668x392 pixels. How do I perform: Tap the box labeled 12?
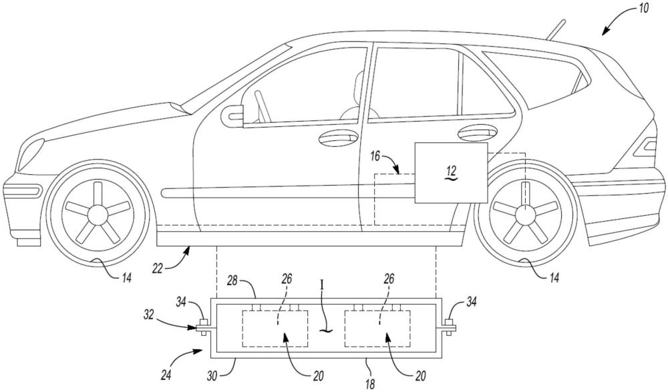[x=450, y=172]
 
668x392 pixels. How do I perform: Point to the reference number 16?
[x=375, y=157]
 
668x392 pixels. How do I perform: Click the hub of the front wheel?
[x=98, y=214]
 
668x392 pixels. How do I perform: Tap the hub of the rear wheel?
[x=524, y=214]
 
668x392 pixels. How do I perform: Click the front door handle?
[x=337, y=139]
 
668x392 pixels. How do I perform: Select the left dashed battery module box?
[x=275, y=328]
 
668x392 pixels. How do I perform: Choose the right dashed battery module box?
[x=377, y=328]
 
